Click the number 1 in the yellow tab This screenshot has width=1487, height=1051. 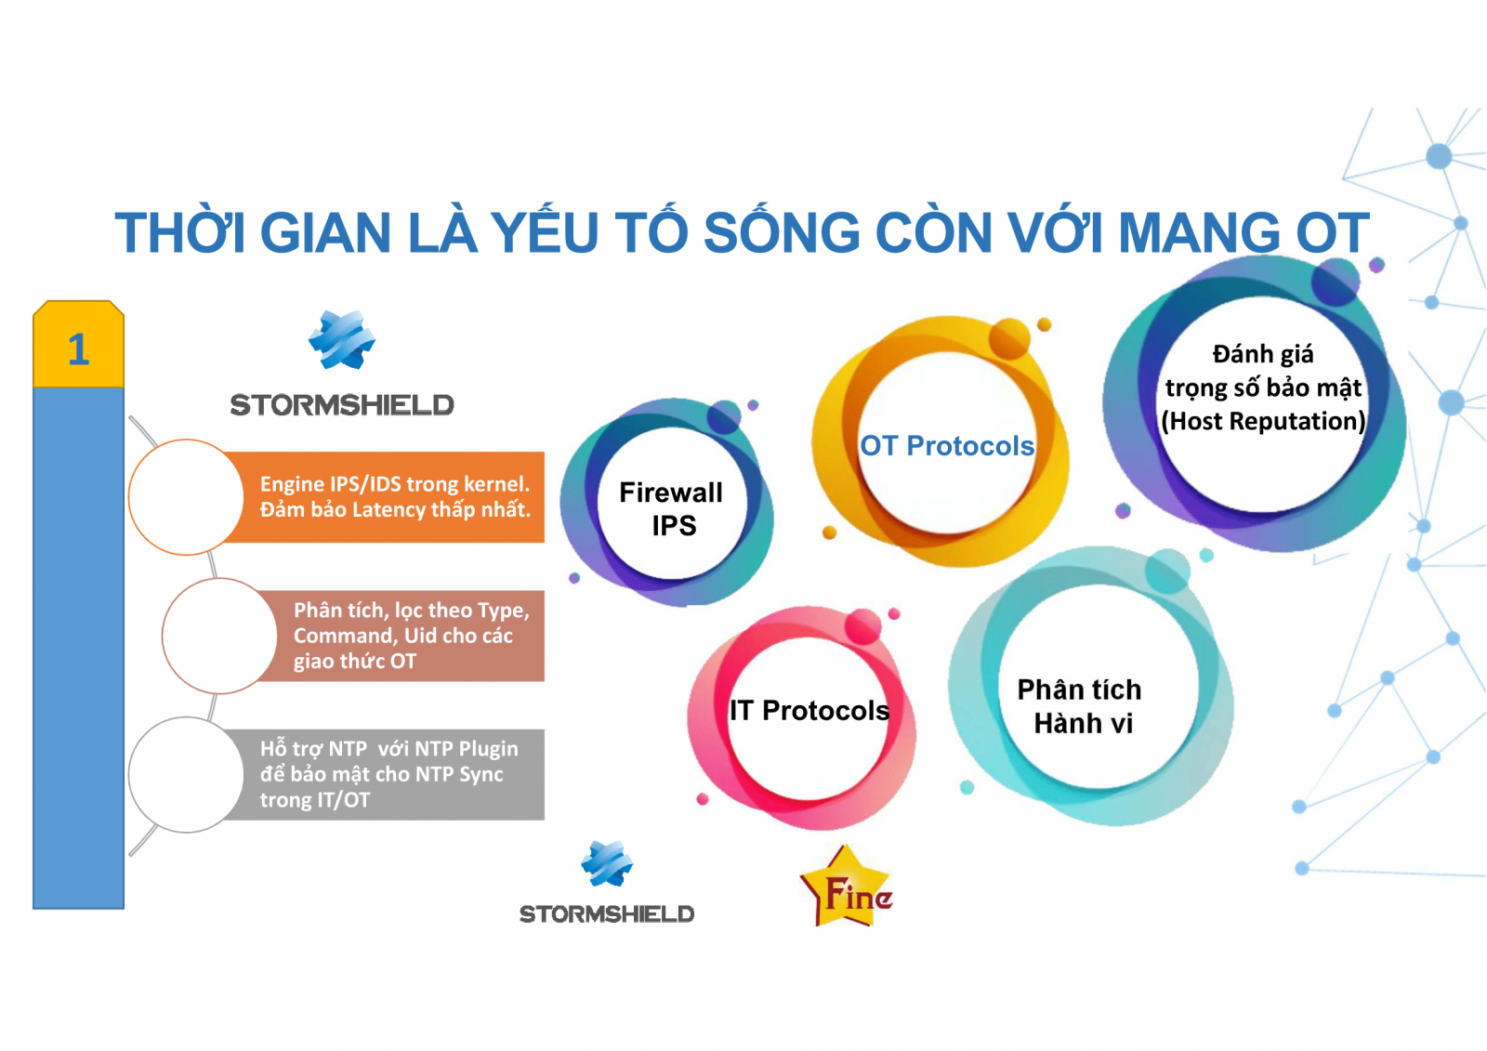(79, 349)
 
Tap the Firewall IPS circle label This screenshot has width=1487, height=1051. (671, 509)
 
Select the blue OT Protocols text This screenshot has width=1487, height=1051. (947, 446)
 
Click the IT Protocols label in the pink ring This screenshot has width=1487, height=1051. (809, 710)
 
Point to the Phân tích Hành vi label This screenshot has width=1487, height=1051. (1080, 706)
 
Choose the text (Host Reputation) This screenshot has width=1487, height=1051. (1263, 422)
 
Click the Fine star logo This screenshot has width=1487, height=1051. (848, 887)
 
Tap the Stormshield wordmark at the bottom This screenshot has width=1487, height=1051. (607, 914)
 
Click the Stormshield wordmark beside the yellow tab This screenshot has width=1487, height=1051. (342, 405)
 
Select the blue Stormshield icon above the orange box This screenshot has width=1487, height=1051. (342, 339)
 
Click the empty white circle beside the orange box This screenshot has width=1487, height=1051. (187, 497)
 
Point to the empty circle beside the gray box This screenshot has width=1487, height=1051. (187, 775)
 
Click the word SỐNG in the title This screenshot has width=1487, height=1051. (782, 231)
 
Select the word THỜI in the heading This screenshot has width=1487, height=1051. (180, 231)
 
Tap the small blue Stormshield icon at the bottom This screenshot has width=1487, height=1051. (607, 864)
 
